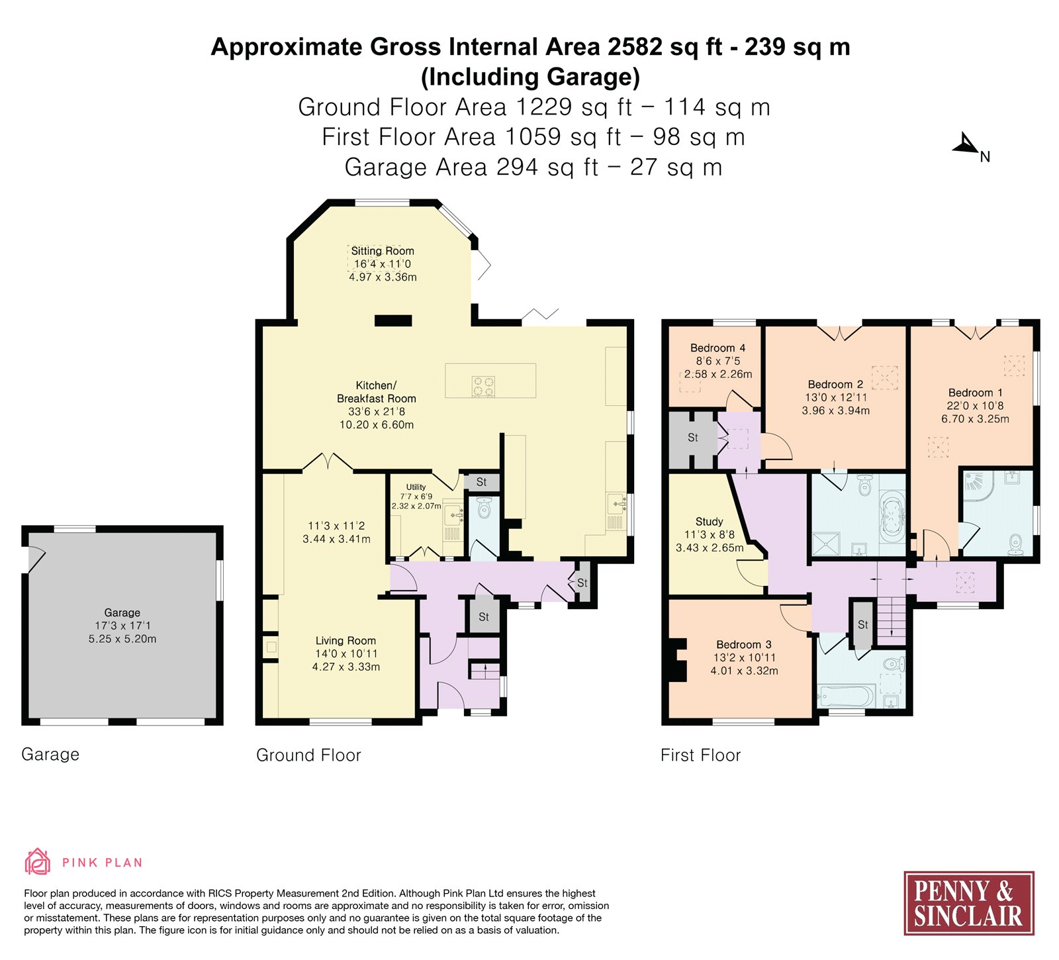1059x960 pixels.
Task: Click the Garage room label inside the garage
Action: [122, 612]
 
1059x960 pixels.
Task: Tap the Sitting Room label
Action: [383, 251]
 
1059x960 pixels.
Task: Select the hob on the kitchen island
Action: [483, 386]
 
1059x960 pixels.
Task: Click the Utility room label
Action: [416, 487]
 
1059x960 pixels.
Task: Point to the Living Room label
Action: [345, 640]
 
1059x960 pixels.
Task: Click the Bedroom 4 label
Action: [717, 348]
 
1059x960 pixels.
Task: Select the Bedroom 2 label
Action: [835, 384]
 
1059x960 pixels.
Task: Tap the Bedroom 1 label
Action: [975, 393]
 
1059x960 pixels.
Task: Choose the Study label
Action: [709, 522]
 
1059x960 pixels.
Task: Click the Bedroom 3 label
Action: [743, 644]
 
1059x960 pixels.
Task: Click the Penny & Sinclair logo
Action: [969, 903]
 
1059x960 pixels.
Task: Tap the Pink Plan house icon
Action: [37, 861]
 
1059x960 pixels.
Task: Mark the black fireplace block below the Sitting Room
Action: [393, 320]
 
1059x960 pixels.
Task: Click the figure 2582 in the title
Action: [635, 47]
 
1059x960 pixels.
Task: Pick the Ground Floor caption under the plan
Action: [308, 755]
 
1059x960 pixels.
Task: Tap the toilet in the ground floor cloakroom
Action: [484, 508]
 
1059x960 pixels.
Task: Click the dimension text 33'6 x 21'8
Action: [377, 411]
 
